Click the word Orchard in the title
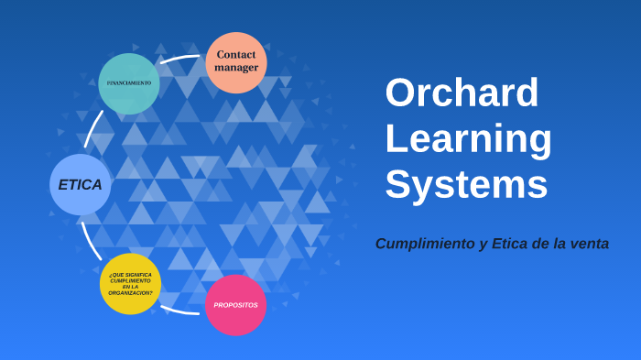462,93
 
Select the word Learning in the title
468,138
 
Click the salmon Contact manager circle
236,62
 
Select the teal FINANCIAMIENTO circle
129,83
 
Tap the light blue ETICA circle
81,184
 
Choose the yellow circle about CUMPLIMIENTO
130,284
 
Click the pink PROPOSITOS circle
235,305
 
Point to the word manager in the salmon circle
236,68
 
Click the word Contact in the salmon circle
236,55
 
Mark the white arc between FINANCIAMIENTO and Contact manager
181,59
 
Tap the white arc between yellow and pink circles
180,311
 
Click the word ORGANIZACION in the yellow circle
130,293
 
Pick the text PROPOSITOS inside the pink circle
235,305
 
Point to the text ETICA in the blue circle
81,184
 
